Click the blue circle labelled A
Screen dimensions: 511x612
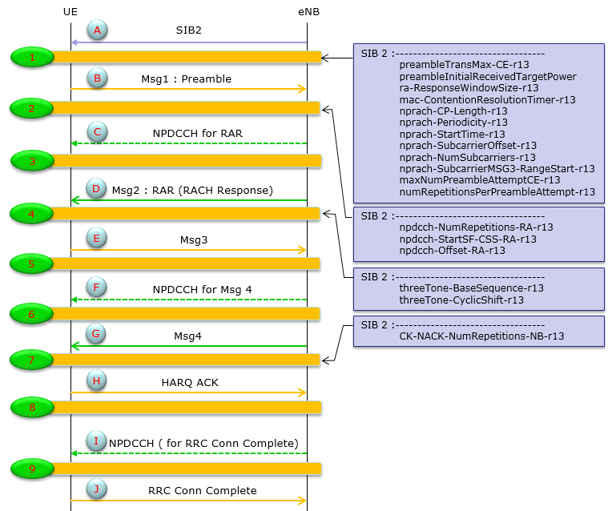coord(97,30)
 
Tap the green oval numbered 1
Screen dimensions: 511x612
coord(32,57)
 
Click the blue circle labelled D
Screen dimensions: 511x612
coord(97,190)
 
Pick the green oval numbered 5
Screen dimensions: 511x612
coord(32,264)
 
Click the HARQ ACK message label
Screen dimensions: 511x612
coord(189,383)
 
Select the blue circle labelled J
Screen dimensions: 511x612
coord(97,490)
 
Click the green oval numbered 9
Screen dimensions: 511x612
coord(32,469)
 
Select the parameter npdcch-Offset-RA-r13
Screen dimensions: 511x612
coord(452,250)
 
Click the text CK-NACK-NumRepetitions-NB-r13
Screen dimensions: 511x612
coord(481,336)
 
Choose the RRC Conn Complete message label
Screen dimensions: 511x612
coord(202,491)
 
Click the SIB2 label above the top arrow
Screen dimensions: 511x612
coord(188,30)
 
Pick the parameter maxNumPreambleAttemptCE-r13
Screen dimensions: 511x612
coord(479,180)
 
